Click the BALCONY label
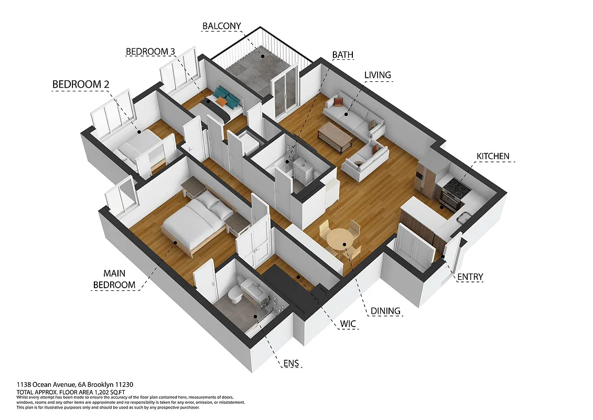pos(222,26)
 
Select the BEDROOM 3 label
pos(150,51)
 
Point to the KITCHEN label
pos(492,156)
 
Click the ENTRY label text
pos(470,277)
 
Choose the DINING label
pos(385,311)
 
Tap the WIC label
pos(347,324)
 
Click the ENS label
pos(293,363)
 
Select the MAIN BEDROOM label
pos(114,279)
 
